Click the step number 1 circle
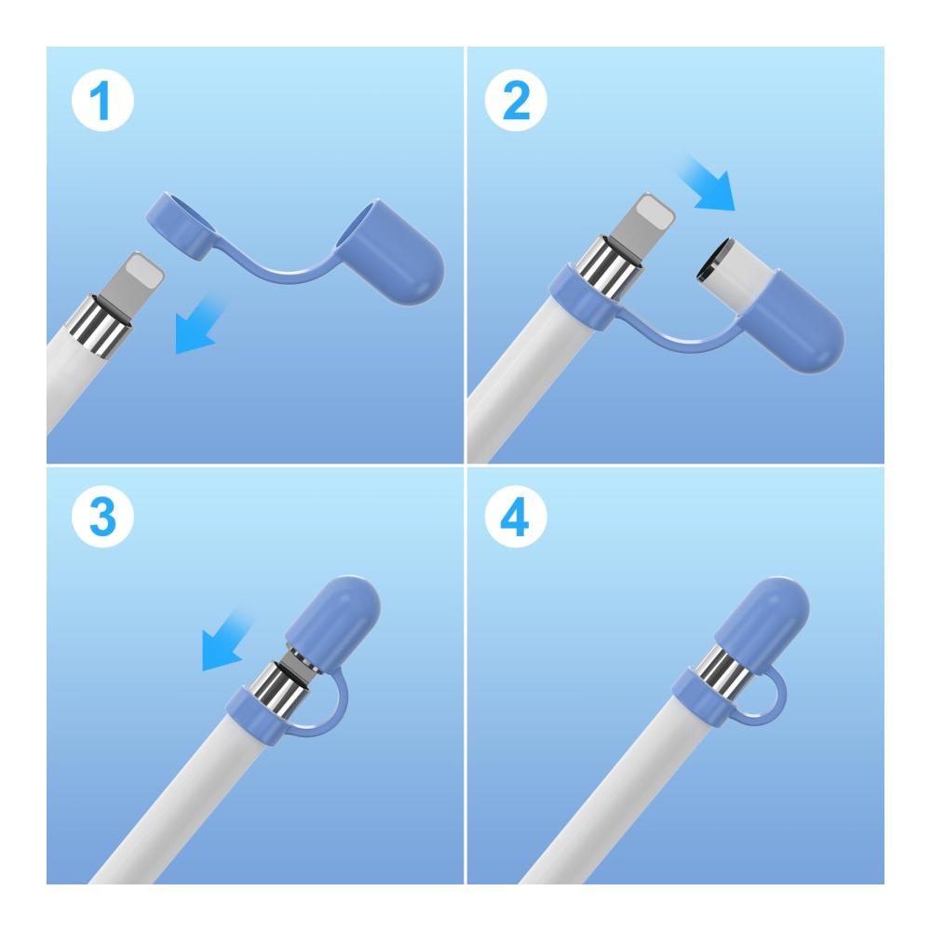(102, 100)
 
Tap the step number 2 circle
(516, 100)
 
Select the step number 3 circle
(102, 516)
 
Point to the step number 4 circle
(516, 516)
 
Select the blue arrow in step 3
(226, 641)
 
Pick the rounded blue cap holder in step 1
(390, 252)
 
